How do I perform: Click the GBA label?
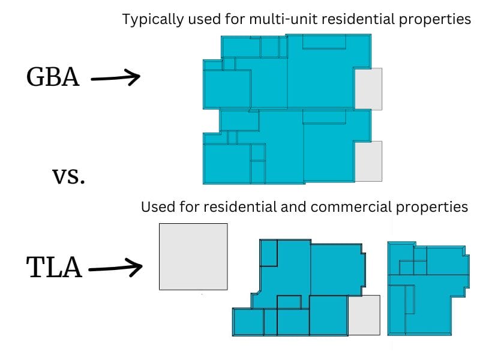(53, 77)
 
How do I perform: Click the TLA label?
(54, 268)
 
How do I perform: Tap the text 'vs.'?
(68, 176)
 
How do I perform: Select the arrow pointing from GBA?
(115, 78)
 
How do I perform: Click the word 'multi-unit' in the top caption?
(280, 19)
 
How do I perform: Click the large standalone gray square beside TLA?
(193, 257)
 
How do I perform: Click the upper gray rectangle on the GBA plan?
(368, 89)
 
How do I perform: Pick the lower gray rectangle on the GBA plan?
(368, 161)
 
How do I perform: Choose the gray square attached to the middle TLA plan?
(364, 315)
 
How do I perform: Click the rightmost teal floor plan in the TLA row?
(426, 288)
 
